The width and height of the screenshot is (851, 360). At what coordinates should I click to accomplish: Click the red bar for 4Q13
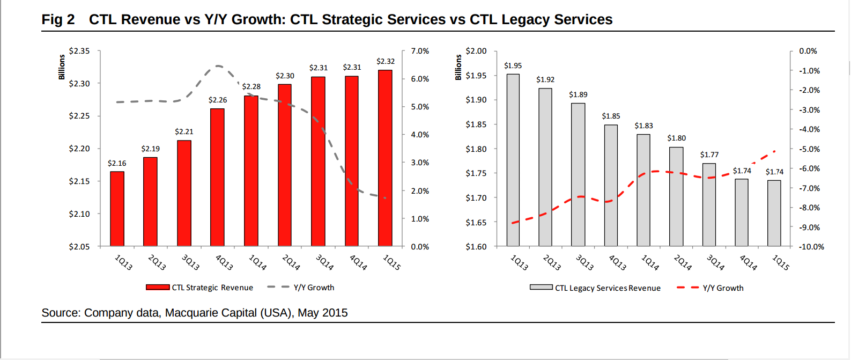(217, 177)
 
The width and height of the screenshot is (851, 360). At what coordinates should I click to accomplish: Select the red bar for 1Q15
(385, 158)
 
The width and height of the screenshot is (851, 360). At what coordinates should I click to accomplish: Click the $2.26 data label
(218, 100)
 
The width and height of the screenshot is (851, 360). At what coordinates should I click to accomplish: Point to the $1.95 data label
(513, 65)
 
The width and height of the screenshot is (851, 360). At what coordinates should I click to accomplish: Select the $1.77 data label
(709, 155)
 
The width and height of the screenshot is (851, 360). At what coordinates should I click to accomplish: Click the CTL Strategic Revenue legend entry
(199, 288)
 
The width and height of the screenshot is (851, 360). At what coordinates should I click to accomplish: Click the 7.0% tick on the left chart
(420, 51)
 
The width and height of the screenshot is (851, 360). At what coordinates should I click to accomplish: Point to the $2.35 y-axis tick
(79, 51)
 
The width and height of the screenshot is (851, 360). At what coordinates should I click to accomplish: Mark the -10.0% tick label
(811, 247)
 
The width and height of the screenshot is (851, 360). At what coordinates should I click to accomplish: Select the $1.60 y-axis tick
(476, 247)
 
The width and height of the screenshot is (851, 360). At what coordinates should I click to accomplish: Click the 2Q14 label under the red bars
(291, 262)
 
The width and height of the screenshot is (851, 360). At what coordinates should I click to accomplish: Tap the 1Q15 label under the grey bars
(780, 262)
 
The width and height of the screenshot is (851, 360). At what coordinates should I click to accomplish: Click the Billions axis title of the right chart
(458, 67)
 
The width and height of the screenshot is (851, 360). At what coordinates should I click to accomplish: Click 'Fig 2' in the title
(58, 20)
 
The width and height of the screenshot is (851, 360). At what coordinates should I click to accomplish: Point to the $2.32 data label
(386, 61)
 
